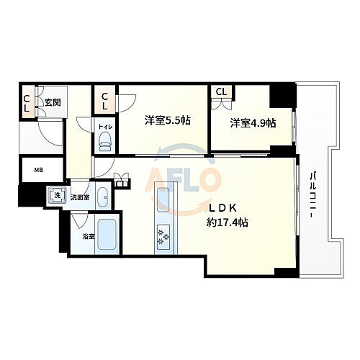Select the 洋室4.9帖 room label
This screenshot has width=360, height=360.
coord(253,123)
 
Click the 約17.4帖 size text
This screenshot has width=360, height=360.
coord(226,222)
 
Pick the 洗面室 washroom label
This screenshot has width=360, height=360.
coord(79,197)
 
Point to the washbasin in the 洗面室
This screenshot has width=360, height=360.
coord(103,195)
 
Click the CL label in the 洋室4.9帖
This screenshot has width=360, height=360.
coord(221,92)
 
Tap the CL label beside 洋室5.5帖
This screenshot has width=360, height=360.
coord(105,100)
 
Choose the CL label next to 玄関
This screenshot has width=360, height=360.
coord(26,103)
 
